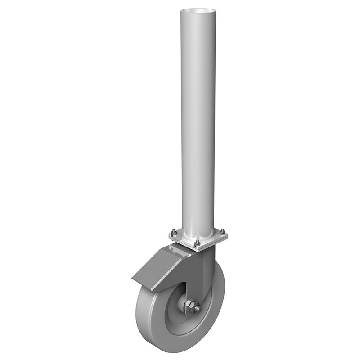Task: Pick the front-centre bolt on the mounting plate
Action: (x=197, y=243)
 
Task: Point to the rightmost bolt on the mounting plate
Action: (x=222, y=232)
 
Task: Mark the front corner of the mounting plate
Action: (x=197, y=248)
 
